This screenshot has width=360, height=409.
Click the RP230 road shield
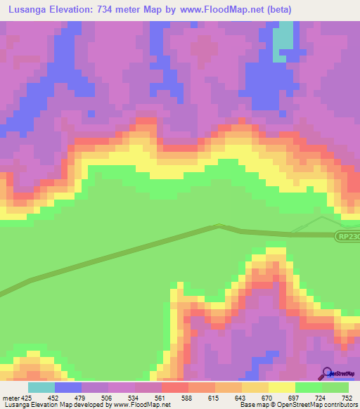(348, 237)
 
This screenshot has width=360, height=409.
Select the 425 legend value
(20, 397)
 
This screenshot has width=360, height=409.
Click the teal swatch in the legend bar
(41, 387)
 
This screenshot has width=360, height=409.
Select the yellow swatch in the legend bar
(282, 387)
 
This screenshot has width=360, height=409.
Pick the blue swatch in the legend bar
(68, 387)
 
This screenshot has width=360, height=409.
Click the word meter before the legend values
(6, 397)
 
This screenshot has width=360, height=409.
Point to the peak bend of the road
(219, 226)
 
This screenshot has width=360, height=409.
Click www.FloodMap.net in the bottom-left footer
(141, 405)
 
